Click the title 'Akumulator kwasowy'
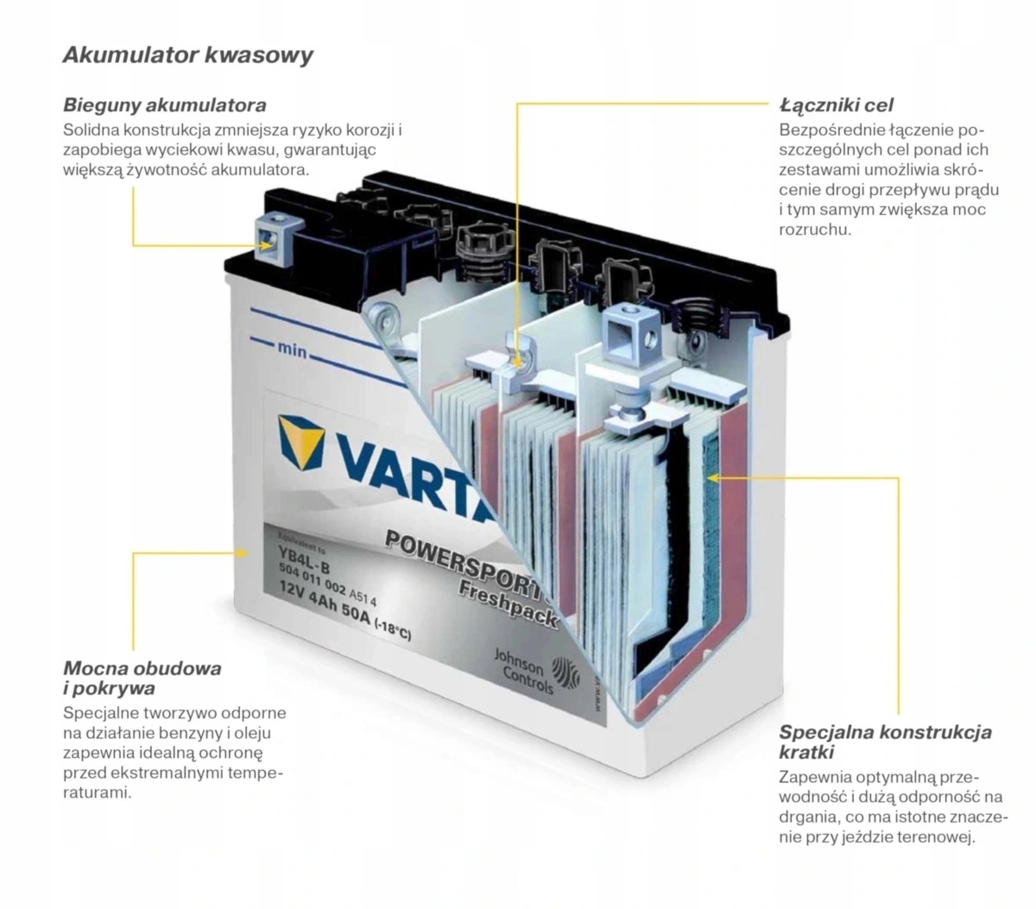pyautogui.click(x=187, y=54)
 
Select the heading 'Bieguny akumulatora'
pyautogui.click(x=165, y=105)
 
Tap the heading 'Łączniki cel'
pyautogui.click(x=836, y=105)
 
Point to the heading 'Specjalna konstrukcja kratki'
pyautogui.click(x=885, y=742)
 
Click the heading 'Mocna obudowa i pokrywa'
pyautogui.click(x=142, y=678)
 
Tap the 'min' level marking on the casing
pyautogui.click(x=292, y=350)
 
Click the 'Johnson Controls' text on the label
pyautogui.click(x=523, y=671)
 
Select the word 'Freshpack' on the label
pyautogui.click(x=508, y=604)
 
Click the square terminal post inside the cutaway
pyautogui.click(x=630, y=332)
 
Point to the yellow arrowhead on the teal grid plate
pyautogui.click(x=713, y=477)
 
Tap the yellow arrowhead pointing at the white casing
pyautogui.click(x=242, y=552)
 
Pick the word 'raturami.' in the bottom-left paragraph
pyautogui.click(x=98, y=793)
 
